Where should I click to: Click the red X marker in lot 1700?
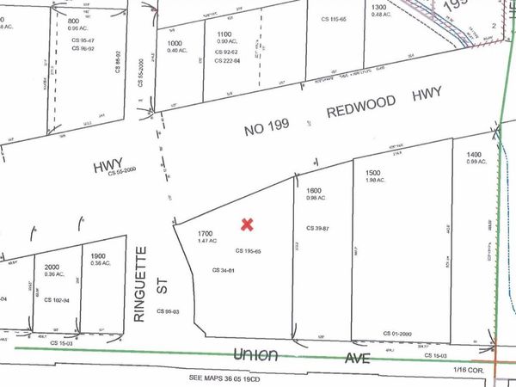(x=247, y=224)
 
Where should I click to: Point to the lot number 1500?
(x=372, y=171)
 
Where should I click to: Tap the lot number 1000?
(x=175, y=42)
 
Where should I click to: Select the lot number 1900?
(x=99, y=255)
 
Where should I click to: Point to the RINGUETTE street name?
(x=142, y=283)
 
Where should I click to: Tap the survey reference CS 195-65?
(x=248, y=250)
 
